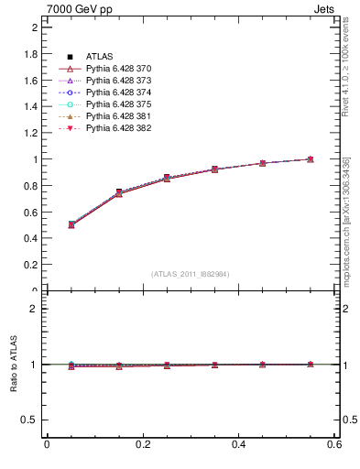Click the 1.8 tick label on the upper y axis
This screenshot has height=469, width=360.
point(29,54)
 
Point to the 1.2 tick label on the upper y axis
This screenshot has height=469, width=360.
point(29,133)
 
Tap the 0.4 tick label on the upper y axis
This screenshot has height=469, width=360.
point(29,238)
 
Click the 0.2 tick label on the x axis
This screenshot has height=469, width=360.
point(142,445)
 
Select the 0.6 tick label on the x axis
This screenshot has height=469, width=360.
point(333,445)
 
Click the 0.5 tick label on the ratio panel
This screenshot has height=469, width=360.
point(29,420)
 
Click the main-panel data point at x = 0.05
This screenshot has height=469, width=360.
point(71,224)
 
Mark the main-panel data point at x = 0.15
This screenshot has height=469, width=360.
point(119,193)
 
